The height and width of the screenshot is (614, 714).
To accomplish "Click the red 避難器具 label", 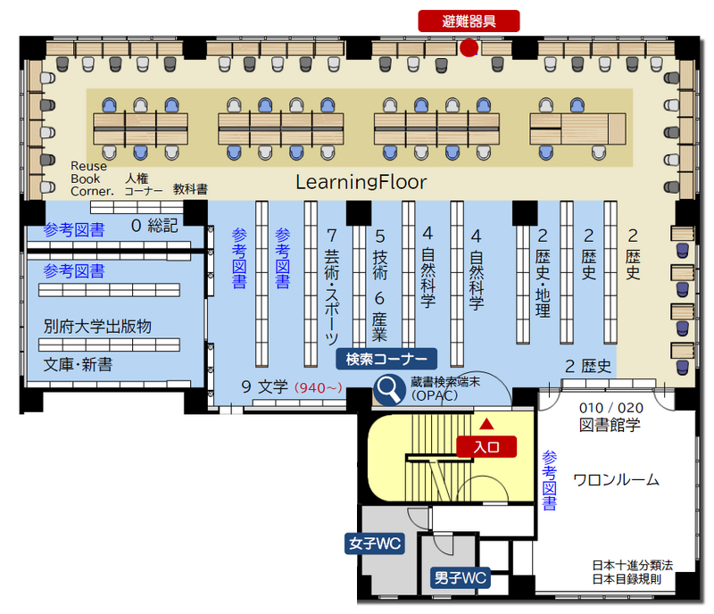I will [468, 21].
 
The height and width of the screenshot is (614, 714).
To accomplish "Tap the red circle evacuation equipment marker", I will [469, 48].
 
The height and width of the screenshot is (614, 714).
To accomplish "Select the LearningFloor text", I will [361, 183].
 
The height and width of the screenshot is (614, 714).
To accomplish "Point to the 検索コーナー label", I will [386, 360].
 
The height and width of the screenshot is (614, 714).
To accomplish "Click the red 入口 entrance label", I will [486, 446].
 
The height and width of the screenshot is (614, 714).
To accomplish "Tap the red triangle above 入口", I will [486, 422].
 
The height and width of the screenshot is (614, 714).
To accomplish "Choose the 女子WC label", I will [374, 543].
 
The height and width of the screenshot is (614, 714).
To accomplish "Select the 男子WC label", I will [460, 578].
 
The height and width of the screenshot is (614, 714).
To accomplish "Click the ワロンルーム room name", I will [616, 479].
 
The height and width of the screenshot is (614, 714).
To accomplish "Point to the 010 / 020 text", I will [611, 408].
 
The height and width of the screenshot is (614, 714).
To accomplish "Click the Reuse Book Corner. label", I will [90, 178].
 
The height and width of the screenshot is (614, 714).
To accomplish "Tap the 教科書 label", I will [190, 189].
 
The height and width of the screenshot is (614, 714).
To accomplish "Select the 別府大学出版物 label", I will [97, 326].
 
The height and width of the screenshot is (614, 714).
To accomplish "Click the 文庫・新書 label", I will [78, 365].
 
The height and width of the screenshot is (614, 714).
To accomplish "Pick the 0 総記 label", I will [155, 225].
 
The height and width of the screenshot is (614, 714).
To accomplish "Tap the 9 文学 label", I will [265, 387].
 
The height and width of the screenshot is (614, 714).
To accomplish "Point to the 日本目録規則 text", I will [626, 579].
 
